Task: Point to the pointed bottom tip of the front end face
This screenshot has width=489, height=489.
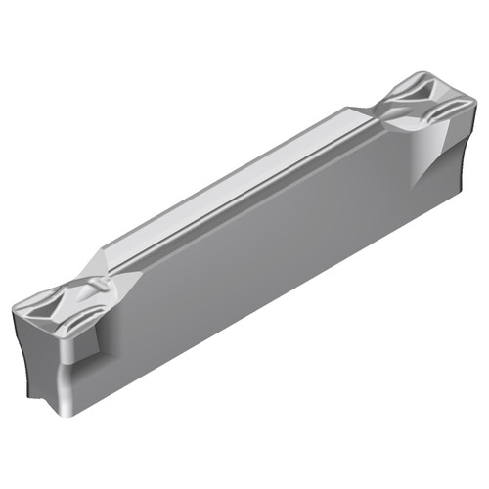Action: point(44,396)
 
